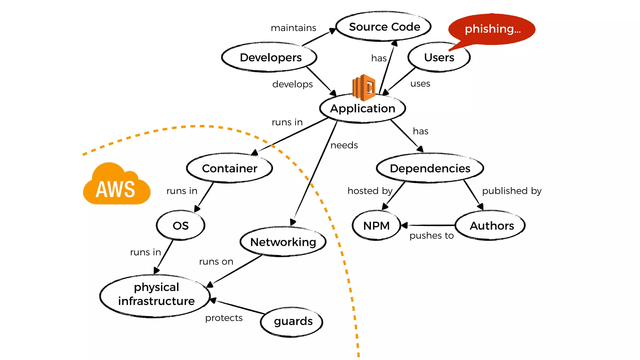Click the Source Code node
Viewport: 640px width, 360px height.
click(384, 27)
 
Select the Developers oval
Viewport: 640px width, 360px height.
click(270, 57)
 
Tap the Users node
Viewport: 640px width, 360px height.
click(439, 57)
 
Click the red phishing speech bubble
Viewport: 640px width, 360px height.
click(492, 29)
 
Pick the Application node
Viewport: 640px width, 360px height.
click(362, 108)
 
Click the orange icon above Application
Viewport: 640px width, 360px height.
click(364, 87)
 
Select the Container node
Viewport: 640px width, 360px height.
click(229, 168)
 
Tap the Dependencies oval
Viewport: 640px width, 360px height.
click(430, 168)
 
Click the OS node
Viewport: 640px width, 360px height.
click(181, 226)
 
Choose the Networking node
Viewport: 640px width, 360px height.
click(283, 242)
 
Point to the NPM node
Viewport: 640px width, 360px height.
click(376, 226)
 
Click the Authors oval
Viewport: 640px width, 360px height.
click(491, 226)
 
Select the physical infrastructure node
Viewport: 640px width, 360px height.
click(156, 294)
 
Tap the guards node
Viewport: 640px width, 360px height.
click(292, 322)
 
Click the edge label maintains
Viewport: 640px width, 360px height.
click(293, 28)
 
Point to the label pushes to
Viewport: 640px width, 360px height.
click(432, 236)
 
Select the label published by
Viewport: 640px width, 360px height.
click(512, 191)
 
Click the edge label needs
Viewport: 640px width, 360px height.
click(344, 145)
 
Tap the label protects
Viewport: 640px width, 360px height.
click(224, 318)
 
